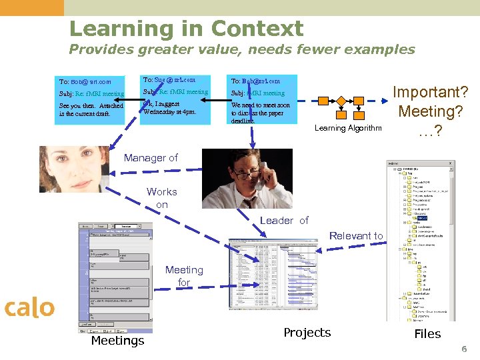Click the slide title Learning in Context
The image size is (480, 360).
186,29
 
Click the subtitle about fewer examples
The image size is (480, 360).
242,49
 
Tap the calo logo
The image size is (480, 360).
29,308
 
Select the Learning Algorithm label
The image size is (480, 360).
348,128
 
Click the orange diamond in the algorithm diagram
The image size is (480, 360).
341,101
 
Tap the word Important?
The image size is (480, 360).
430,92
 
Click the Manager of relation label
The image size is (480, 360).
151,158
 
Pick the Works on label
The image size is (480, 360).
162,198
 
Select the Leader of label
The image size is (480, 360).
284,221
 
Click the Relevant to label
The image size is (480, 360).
356,235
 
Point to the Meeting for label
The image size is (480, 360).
184,276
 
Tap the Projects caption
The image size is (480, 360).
307,333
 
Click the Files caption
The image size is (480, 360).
427,334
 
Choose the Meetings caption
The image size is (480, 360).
117,341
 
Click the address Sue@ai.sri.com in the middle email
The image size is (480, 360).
175,79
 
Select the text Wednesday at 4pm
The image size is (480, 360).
170,112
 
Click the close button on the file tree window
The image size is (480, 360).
451,163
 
